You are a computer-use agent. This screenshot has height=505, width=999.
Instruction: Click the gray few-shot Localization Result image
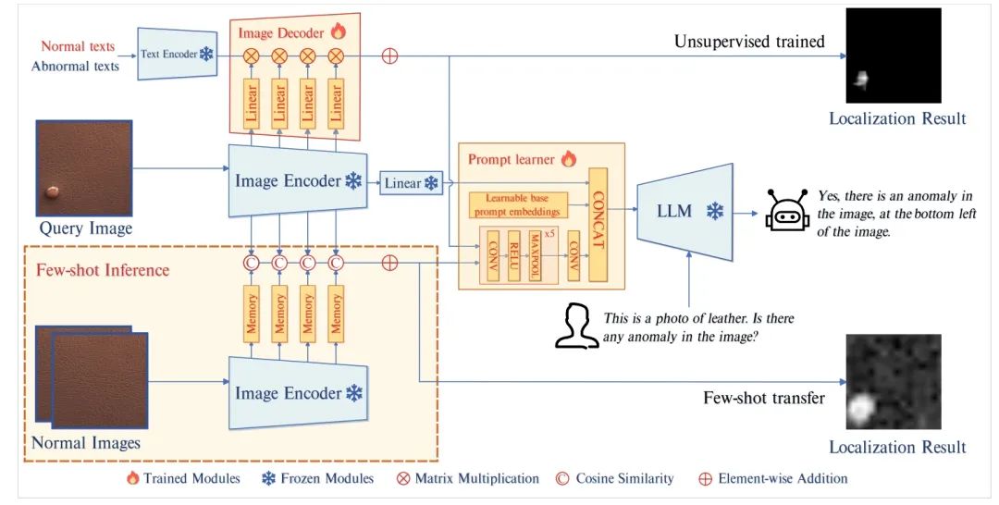[x=893, y=381]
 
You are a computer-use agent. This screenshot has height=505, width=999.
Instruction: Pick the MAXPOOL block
[x=535, y=254]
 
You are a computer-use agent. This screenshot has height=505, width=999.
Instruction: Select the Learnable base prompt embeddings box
[x=515, y=205]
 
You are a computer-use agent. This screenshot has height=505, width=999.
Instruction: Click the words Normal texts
[x=78, y=46]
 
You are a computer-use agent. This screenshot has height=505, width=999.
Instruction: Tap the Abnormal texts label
[x=75, y=66]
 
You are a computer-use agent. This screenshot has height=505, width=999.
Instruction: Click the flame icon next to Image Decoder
[x=338, y=32]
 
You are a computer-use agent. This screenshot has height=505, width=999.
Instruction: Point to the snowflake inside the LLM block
[x=714, y=212]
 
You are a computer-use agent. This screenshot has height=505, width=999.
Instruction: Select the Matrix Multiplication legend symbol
[x=402, y=478]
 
